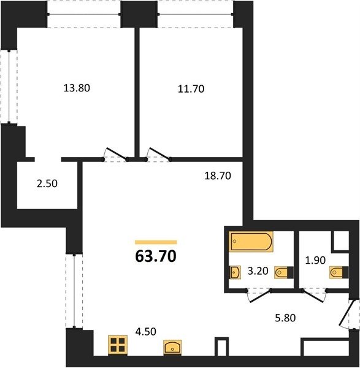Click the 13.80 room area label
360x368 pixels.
[77, 88]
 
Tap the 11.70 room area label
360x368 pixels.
[191, 89]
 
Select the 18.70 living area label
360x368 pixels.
[218, 175]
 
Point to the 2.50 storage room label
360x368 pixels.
[47, 183]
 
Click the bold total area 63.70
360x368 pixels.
[156, 256]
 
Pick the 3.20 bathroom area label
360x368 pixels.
[258, 271]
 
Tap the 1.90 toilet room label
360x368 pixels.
[315, 260]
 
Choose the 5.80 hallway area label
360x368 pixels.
[285, 318]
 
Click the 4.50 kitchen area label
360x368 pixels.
[146, 331]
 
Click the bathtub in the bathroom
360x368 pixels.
[251, 242]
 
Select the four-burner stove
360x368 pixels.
[118, 345]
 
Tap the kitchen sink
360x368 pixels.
[172, 347]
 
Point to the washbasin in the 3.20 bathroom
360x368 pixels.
[235, 272]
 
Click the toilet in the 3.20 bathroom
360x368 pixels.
[284, 272]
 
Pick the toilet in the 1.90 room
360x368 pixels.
[339, 272]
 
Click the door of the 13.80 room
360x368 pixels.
[116, 154]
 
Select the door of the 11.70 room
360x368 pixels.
[159, 154]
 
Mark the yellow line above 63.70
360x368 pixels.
[156, 242]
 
